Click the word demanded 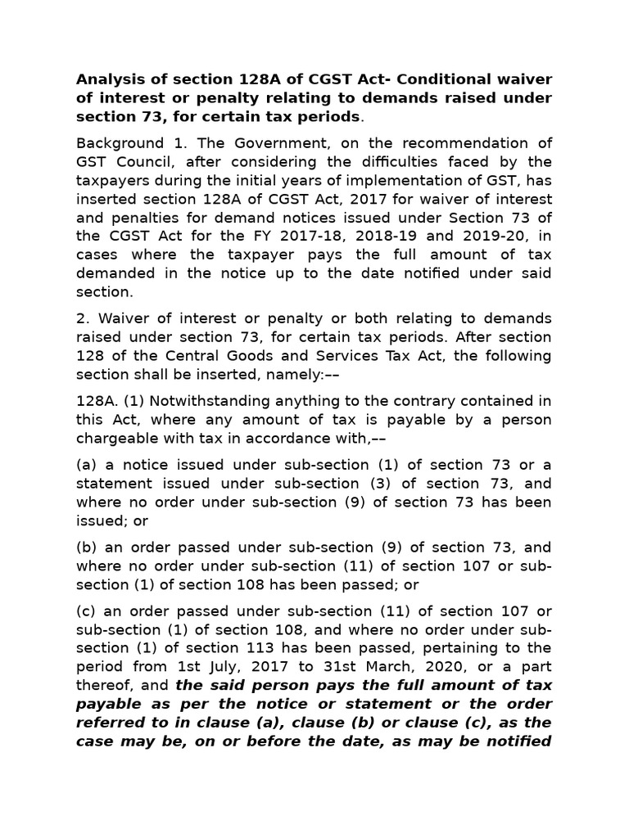112,274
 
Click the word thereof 103,685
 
